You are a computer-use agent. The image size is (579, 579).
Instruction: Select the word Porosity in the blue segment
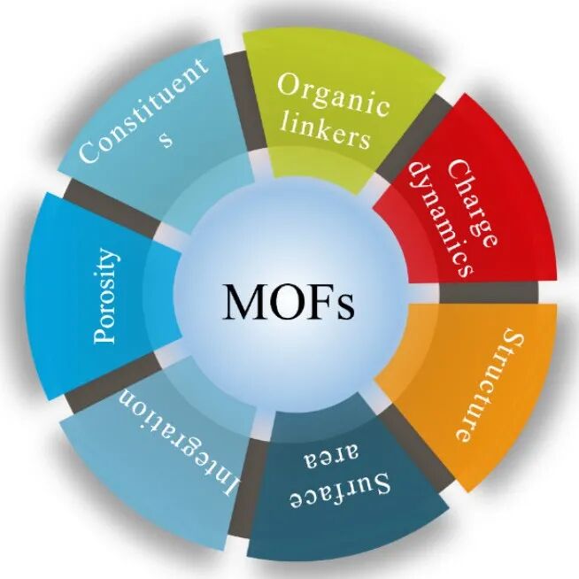(104, 297)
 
